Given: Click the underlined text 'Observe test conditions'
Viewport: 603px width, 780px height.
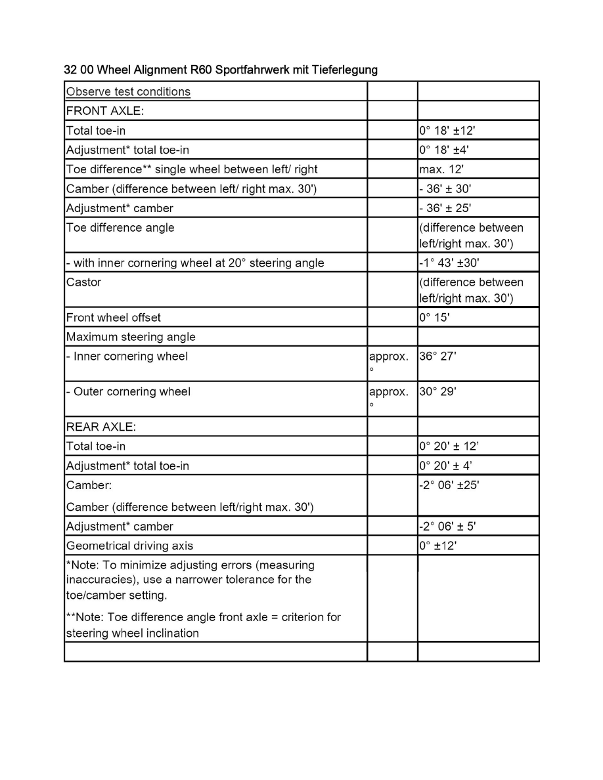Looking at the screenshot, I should [128, 91].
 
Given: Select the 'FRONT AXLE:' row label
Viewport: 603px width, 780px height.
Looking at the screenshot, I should [100, 111].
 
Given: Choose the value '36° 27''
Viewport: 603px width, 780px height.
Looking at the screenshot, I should [437, 357].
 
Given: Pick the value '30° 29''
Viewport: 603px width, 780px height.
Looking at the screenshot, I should [437, 392].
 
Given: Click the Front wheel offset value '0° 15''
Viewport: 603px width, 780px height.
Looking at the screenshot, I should [434, 318].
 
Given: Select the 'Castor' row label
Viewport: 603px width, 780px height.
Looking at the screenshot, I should [83, 283].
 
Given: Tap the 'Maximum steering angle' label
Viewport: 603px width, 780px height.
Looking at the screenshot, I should [131, 337].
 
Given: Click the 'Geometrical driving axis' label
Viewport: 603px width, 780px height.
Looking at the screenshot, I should [130, 546].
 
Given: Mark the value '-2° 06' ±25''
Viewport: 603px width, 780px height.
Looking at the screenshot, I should [452, 486].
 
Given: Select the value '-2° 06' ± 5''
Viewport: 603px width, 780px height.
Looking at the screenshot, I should [452, 527].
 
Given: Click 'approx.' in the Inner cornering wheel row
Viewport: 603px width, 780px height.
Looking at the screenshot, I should [389, 357].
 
